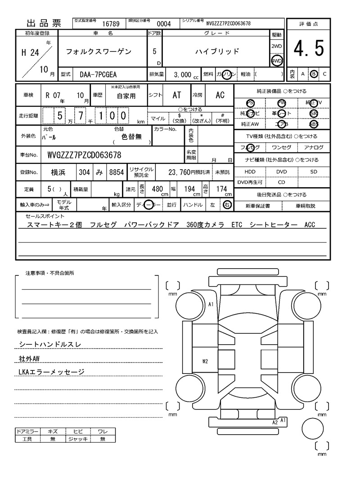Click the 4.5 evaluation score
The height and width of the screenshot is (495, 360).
click(309, 49)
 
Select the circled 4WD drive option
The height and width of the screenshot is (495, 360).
click(276, 61)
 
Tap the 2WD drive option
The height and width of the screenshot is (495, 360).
click(276, 47)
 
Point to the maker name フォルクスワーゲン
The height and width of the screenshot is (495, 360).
click(99, 52)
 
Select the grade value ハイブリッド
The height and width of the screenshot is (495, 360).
click(217, 52)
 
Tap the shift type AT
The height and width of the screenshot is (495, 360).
click(177, 95)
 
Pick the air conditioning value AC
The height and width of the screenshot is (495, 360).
click(220, 95)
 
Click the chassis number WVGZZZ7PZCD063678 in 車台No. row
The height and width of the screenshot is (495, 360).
click(84, 156)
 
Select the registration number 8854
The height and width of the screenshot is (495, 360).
click(117, 172)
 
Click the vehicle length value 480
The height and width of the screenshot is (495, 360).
click(157, 189)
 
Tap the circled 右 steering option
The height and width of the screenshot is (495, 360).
click(227, 205)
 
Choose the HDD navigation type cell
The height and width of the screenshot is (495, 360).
click(250, 172)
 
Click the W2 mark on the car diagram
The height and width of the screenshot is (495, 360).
click(205, 361)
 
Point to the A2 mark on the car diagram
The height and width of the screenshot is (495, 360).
click(275, 423)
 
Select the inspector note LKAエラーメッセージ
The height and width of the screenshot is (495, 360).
click(52, 372)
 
